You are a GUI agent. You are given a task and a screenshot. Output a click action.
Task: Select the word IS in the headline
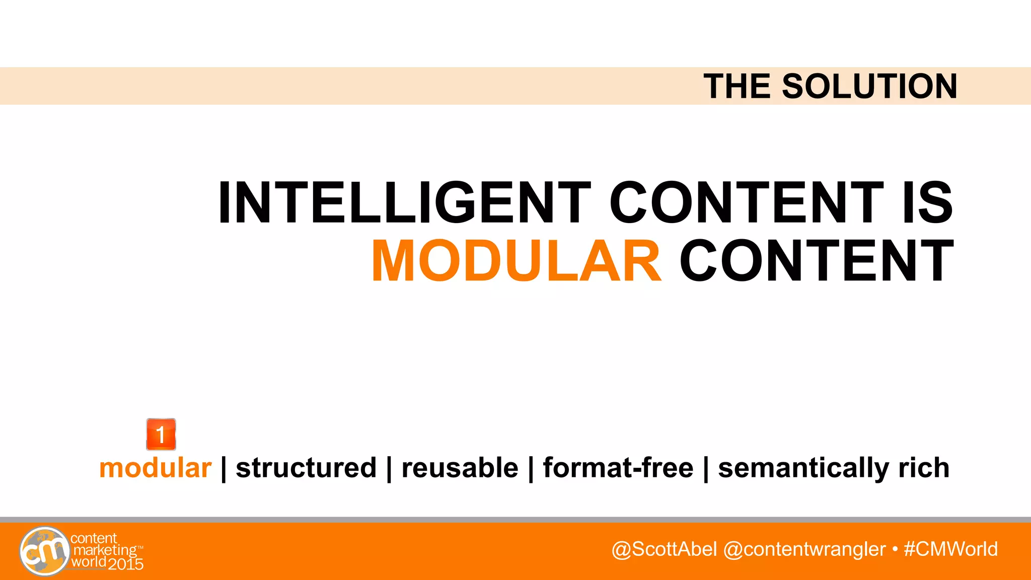[927, 202]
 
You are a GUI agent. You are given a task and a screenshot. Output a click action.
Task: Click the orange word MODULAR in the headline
[516, 261]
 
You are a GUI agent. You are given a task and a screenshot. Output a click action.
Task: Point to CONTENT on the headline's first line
[746, 202]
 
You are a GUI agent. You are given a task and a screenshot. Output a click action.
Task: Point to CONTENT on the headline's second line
[817, 261]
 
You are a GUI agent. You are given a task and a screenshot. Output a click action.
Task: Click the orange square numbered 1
[161, 434]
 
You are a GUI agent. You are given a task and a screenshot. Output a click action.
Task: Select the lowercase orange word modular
[155, 468]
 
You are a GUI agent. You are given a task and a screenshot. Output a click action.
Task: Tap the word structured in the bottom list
[306, 468]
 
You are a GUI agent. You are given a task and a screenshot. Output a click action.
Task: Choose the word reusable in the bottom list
[460, 468]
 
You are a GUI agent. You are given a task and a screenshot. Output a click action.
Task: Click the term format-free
[618, 468]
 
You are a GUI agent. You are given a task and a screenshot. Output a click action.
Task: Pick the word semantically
[802, 468]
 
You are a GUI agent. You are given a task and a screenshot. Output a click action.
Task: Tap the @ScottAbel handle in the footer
[664, 549]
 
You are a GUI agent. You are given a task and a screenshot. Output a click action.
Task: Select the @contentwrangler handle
[804, 549]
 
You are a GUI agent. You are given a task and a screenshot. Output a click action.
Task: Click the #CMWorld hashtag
[950, 549]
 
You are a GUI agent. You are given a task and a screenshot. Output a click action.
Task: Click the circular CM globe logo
[44, 551]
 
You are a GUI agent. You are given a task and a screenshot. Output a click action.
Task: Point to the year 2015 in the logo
[126, 564]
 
